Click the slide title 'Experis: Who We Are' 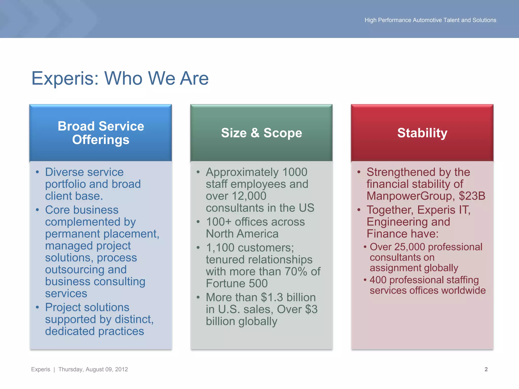click(120, 78)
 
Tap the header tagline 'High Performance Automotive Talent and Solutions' click(430, 20)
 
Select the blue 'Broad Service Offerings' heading click(101, 133)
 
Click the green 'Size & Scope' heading click(261, 133)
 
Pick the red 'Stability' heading click(422, 133)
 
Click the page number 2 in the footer click(486, 369)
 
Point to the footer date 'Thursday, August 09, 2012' click(93, 369)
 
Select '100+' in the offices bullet click(218, 222)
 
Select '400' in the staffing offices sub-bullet click(378, 280)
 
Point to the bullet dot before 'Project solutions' click(37, 307)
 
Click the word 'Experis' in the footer click(41, 369)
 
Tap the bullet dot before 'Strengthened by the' click(359, 172)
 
